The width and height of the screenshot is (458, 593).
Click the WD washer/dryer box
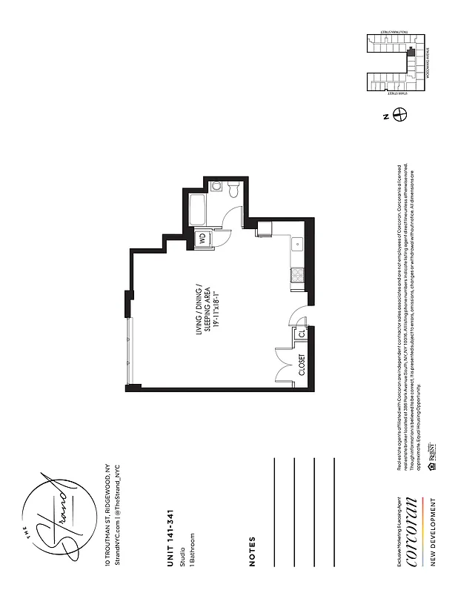201,238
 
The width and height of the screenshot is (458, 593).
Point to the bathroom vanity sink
215,186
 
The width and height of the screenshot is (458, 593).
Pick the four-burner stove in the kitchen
297,274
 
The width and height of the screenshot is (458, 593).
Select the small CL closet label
302,334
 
